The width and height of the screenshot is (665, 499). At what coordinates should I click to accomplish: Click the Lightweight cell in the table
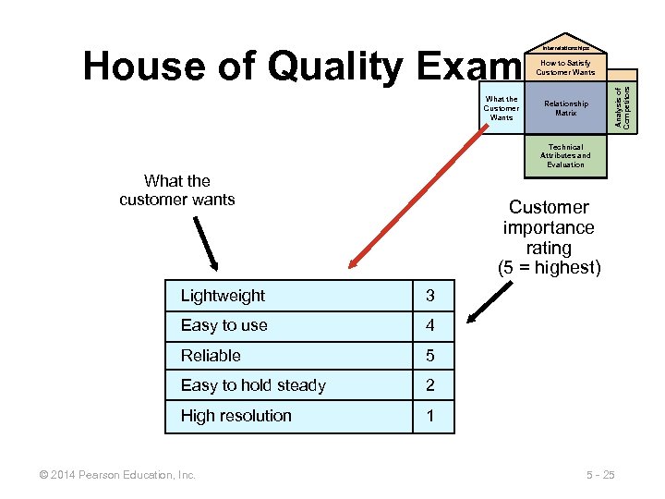(x=223, y=296)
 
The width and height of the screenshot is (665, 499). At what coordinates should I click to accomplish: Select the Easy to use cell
(x=224, y=325)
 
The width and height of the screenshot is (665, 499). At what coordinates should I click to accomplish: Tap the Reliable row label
(x=211, y=356)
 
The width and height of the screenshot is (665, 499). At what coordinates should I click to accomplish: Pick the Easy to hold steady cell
(x=253, y=385)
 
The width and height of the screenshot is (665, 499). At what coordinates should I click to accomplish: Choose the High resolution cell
(x=236, y=416)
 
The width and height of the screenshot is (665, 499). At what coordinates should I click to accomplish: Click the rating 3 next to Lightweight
(x=429, y=296)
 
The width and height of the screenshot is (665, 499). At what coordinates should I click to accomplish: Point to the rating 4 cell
(x=429, y=325)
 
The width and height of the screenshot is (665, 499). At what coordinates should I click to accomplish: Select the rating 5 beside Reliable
(x=429, y=356)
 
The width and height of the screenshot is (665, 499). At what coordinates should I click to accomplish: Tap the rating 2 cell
(x=429, y=385)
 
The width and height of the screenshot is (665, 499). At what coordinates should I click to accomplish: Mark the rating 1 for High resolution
(x=429, y=416)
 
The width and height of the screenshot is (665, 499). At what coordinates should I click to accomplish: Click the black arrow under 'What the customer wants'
(x=206, y=242)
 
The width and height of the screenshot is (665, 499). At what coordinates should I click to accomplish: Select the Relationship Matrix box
(x=565, y=108)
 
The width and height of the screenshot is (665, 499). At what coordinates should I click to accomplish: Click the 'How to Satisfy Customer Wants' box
(x=565, y=67)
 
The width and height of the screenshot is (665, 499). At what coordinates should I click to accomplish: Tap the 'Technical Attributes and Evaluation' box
(x=565, y=155)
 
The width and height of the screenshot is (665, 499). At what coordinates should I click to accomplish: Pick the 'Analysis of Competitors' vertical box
(x=624, y=102)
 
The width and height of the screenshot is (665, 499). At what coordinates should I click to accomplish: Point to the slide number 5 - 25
(x=599, y=475)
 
